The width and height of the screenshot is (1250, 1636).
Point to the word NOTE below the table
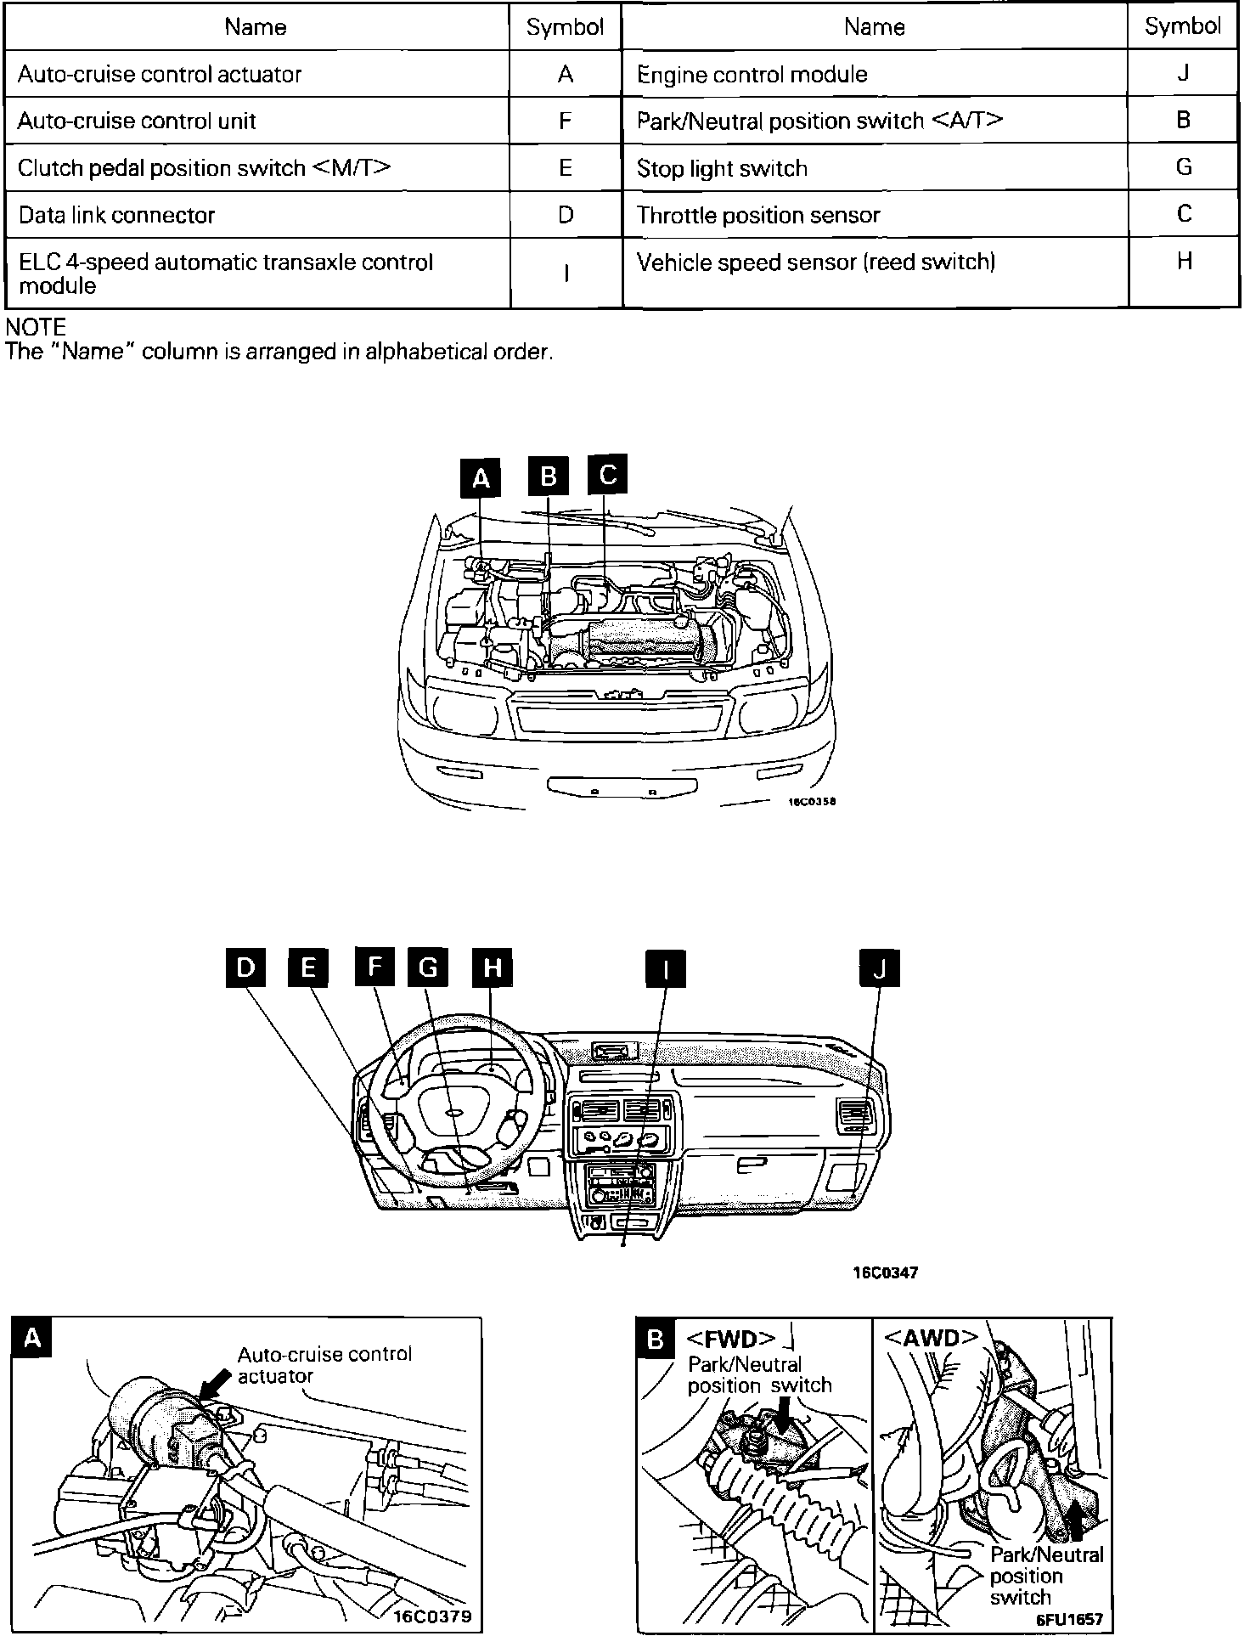[36, 327]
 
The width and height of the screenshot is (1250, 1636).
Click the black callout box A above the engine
[481, 478]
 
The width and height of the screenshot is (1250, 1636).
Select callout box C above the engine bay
[608, 474]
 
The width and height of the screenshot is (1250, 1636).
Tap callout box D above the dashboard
[245, 968]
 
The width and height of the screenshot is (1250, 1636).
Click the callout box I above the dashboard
[666, 968]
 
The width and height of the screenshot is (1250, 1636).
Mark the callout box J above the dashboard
[879, 968]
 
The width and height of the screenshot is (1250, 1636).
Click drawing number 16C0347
[886, 1273]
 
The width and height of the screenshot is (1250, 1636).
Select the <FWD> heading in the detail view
[730, 1340]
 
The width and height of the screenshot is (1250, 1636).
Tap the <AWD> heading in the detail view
[932, 1338]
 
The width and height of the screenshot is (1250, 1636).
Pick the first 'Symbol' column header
[565, 27]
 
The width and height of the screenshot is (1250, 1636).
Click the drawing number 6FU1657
[1069, 1619]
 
